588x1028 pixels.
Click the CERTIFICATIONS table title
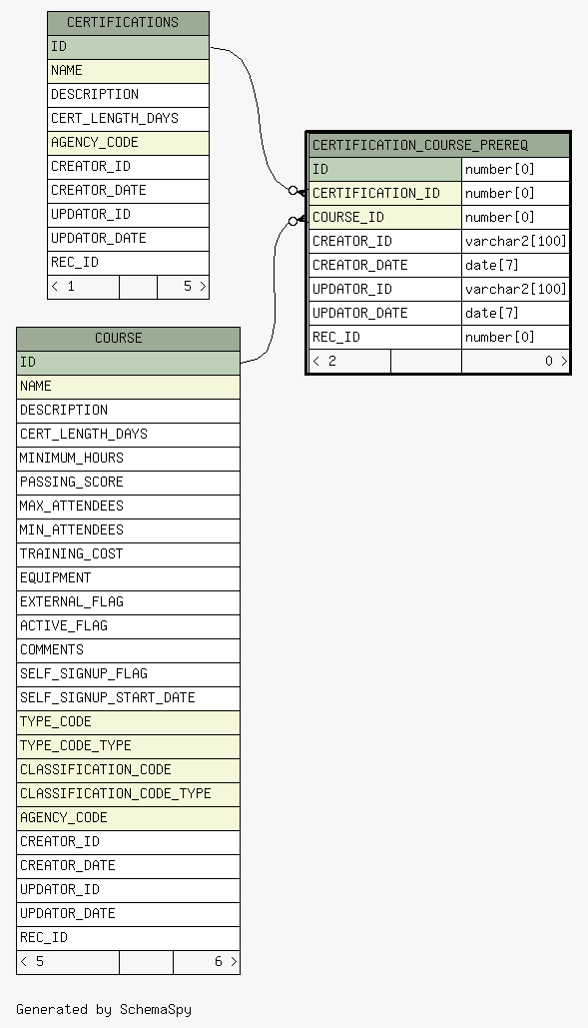123,22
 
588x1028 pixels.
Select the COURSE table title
119,339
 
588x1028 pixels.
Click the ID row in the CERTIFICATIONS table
129,47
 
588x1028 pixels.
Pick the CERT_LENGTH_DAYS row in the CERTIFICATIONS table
129,119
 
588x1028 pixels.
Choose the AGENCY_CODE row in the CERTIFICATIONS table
129,142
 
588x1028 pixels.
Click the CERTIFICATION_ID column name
375,193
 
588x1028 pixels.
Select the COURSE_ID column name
348,217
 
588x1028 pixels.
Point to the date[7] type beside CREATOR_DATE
492,265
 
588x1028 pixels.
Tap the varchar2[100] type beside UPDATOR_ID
516,289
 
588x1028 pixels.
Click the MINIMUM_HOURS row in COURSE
129,459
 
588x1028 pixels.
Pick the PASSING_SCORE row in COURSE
129,482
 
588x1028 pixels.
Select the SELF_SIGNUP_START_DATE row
129,697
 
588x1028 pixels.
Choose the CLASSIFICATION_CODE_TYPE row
129,794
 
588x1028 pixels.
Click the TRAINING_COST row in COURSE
129,554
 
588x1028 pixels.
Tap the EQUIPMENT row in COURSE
129,578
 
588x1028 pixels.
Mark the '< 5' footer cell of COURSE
68,962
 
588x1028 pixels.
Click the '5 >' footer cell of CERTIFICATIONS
184,287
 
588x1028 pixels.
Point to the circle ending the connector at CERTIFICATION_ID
294,191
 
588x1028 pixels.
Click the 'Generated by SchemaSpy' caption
104,1009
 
